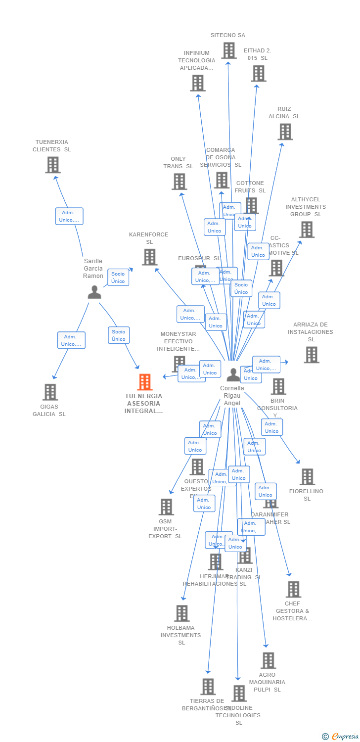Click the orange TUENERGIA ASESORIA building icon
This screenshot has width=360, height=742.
coord(144,382)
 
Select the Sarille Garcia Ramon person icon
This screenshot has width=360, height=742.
coord(94,292)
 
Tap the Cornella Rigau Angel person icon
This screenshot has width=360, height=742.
coord(233,374)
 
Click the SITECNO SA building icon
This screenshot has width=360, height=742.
coord(228,50)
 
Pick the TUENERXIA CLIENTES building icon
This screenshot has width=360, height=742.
coord(52,165)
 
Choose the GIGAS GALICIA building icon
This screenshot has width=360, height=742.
coord(50,392)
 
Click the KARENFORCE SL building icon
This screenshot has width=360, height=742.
coord(149,257)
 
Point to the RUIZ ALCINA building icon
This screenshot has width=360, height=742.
coord(285,132)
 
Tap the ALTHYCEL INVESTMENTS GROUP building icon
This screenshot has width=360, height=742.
coord(307,230)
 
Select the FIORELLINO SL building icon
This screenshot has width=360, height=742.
coord(307,477)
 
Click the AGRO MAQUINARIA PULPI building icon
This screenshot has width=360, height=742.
coord(268,660)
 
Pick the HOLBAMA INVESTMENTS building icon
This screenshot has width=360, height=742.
coord(181,613)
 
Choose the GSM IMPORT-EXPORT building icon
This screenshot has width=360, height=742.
coord(166,507)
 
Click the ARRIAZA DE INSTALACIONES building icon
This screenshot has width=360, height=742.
coord(311,355)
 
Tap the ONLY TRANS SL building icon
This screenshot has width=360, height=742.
coord(179,182)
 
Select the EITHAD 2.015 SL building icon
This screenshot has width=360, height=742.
coord(258,73)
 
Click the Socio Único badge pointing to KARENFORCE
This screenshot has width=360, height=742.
coord(118,278)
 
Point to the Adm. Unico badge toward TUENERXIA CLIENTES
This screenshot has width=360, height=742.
coord(69,216)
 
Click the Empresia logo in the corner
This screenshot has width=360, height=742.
coord(341,737)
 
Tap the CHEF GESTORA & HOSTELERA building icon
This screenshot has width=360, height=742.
coord(293,589)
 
